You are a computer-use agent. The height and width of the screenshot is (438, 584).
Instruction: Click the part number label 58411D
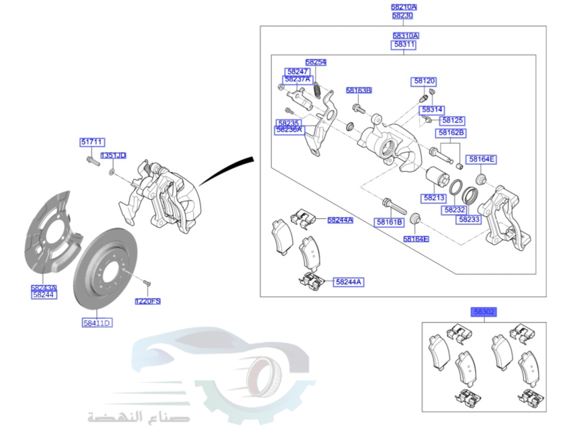(x=96, y=322)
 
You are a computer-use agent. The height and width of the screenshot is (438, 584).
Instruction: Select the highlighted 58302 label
(x=484, y=312)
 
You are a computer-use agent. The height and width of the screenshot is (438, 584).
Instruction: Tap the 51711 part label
(x=92, y=142)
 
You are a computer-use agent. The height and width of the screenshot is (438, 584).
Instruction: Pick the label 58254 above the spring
(x=316, y=62)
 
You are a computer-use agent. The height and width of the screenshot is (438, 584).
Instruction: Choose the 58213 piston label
(x=434, y=198)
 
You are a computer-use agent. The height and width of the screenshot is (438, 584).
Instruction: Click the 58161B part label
(x=389, y=223)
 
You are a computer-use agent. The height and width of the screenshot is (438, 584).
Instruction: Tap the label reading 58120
(x=425, y=81)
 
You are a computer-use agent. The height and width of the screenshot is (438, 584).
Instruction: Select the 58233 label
(x=469, y=220)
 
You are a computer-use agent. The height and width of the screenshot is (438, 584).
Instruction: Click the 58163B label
(x=359, y=91)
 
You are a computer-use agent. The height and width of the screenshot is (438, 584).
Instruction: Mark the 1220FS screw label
(x=148, y=301)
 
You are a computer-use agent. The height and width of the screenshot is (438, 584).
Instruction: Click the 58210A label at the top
(x=404, y=8)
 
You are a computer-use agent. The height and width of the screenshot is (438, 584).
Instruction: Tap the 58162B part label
(x=451, y=133)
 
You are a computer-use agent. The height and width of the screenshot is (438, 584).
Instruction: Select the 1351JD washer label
(x=113, y=155)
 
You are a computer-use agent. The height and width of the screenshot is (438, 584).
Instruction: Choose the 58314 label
(x=432, y=110)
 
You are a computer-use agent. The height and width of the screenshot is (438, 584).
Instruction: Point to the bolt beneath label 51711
(x=90, y=158)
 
